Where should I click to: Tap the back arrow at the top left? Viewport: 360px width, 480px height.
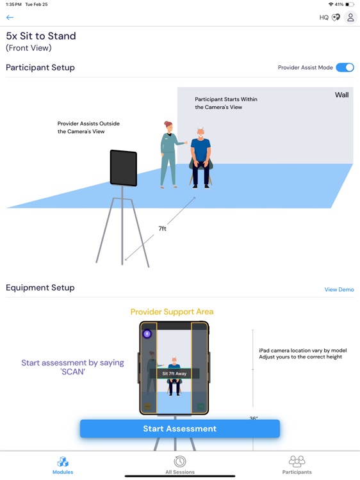[x=10, y=17]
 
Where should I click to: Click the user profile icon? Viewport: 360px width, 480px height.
[x=350, y=17]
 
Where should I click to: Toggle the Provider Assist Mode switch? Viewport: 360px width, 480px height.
[x=345, y=67]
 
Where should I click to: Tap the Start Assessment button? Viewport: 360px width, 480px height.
[x=180, y=429]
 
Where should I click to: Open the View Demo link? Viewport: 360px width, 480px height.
[x=339, y=289]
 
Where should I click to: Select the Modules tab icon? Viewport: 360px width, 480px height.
[x=63, y=461]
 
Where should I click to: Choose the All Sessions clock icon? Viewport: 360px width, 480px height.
[x=180, y=461]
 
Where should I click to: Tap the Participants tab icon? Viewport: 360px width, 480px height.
[x=297, y=461]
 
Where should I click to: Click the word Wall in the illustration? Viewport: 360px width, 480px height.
[x=341, y=95]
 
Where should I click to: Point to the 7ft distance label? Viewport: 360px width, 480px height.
[x=162, y=228]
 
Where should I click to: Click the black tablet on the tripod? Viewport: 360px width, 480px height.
[x=124, y=168]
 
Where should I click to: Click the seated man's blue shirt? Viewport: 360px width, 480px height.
[x=200, y=149]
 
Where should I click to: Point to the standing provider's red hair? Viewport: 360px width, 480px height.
[x=168, y=125]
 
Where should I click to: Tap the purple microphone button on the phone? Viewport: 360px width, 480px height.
[x=147, y=333]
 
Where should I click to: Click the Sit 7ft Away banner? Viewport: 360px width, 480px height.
[x=174, y=374]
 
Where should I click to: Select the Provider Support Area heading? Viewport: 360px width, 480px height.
[x=172, y=312]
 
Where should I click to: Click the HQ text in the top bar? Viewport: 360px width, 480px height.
[x=324, y=17]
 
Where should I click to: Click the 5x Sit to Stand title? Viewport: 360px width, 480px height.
[x=41, y=36]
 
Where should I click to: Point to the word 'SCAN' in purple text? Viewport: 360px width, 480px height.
[x=72, y=372]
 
